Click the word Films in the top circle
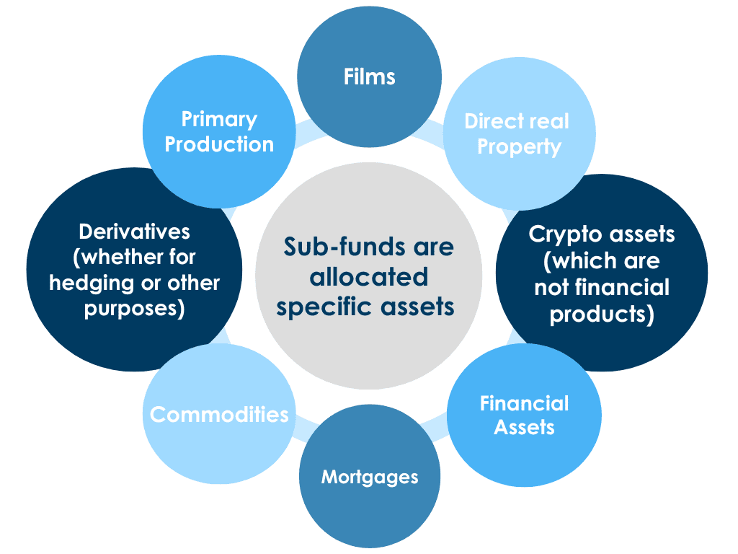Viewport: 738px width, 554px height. pyautogui.click(x=369, y=76)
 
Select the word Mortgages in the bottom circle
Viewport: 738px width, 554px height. pyautogui.click(x=369, y=477)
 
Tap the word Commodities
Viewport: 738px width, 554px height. pyautogui.click(x=219, y=414)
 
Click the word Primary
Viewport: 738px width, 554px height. pyautogui.click(x=219, y=119)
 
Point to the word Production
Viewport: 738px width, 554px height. pyautogui.click(x=219, y=144)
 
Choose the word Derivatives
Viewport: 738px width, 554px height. pyautogui.click(x=134, y=232)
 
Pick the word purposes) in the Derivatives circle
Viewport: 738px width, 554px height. pyautogui.click(x=134, y=308)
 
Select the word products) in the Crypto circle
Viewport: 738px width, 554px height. pyautogui.click(x=602, y=315)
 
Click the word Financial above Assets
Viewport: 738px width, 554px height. pyautogui.click(x=524, y=403)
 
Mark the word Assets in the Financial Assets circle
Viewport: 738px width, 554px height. pyautogui.click(x=524, y=427)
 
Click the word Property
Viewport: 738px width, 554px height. pyautogui.click(x=519, y=147)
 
